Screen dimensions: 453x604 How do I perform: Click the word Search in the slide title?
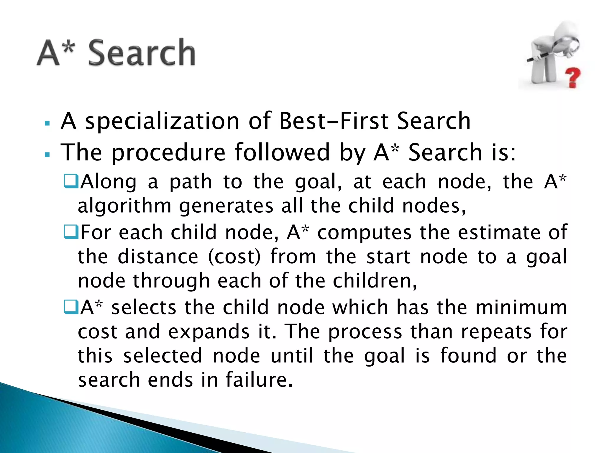(x=142, y=53)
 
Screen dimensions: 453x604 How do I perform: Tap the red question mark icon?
(x=573, y=77)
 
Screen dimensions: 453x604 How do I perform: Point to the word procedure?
(x=168, y=152)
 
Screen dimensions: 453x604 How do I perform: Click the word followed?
(x=282, y=152)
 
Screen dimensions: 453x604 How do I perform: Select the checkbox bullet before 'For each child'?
(x=71, y=232)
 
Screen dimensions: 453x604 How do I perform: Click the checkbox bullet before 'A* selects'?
(x=71, y=307)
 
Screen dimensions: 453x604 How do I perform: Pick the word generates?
(x=226, y=206)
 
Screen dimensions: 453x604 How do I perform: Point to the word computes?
(x=364, y=232)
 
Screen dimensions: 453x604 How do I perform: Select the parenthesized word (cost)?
(x=234, y=257)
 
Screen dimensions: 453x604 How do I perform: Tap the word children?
(x=375, y=281)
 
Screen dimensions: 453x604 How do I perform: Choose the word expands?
(x=209, y=332)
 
